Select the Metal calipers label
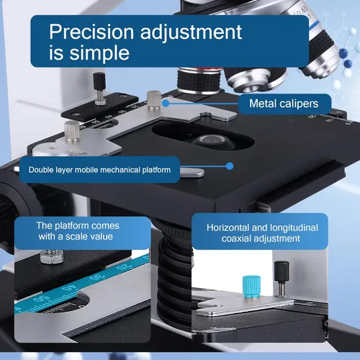(x=283, y=104)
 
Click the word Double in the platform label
(x=42, y=171)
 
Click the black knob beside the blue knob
(x=281, y=277)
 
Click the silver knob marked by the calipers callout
(x=153, y=98)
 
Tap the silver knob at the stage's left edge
(x=71, y=131)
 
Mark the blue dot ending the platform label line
(x=230, y=166)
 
